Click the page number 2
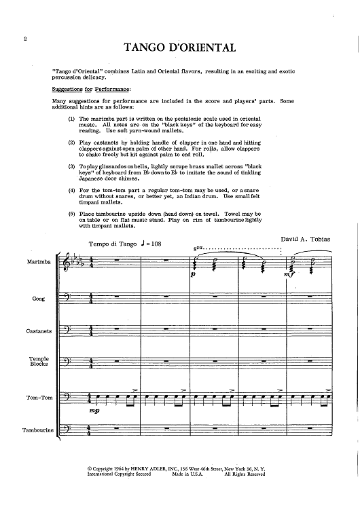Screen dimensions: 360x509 click(x=25, y=40)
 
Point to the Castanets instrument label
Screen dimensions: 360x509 click(x=38, y=331)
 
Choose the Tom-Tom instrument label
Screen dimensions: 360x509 click(x=38, y=398)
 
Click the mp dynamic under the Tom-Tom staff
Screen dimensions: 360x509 click(x=93, y=411)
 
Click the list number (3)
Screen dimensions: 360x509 click(x=72, y=166)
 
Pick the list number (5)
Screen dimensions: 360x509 click(x=72, y=214)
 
